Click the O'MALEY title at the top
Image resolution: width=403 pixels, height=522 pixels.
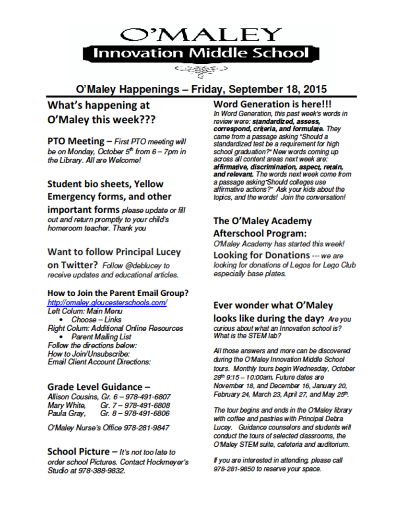click(201, 35)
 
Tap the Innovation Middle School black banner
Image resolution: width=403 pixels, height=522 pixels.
click(201, 53)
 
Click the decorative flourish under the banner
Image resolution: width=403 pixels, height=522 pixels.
click(201, 70)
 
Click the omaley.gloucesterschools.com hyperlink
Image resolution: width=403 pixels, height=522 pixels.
click(107, 303)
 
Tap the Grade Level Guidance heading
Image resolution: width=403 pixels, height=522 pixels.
click(95, 386)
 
